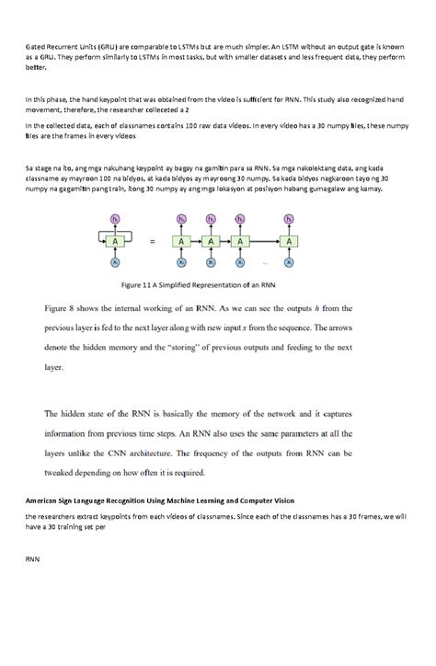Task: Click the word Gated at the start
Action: click(37, 44)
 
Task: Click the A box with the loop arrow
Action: click(115, 240)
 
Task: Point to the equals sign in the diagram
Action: click(152, 241)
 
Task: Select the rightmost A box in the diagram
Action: click(290, 241)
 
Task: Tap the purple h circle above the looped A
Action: click(115, 219)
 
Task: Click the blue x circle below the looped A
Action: click(115, 262)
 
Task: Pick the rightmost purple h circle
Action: click(290, 219)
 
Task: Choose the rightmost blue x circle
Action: click(290, 262)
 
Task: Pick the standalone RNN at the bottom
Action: click(32, 557)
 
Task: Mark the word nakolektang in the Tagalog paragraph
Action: click(314, 168)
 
